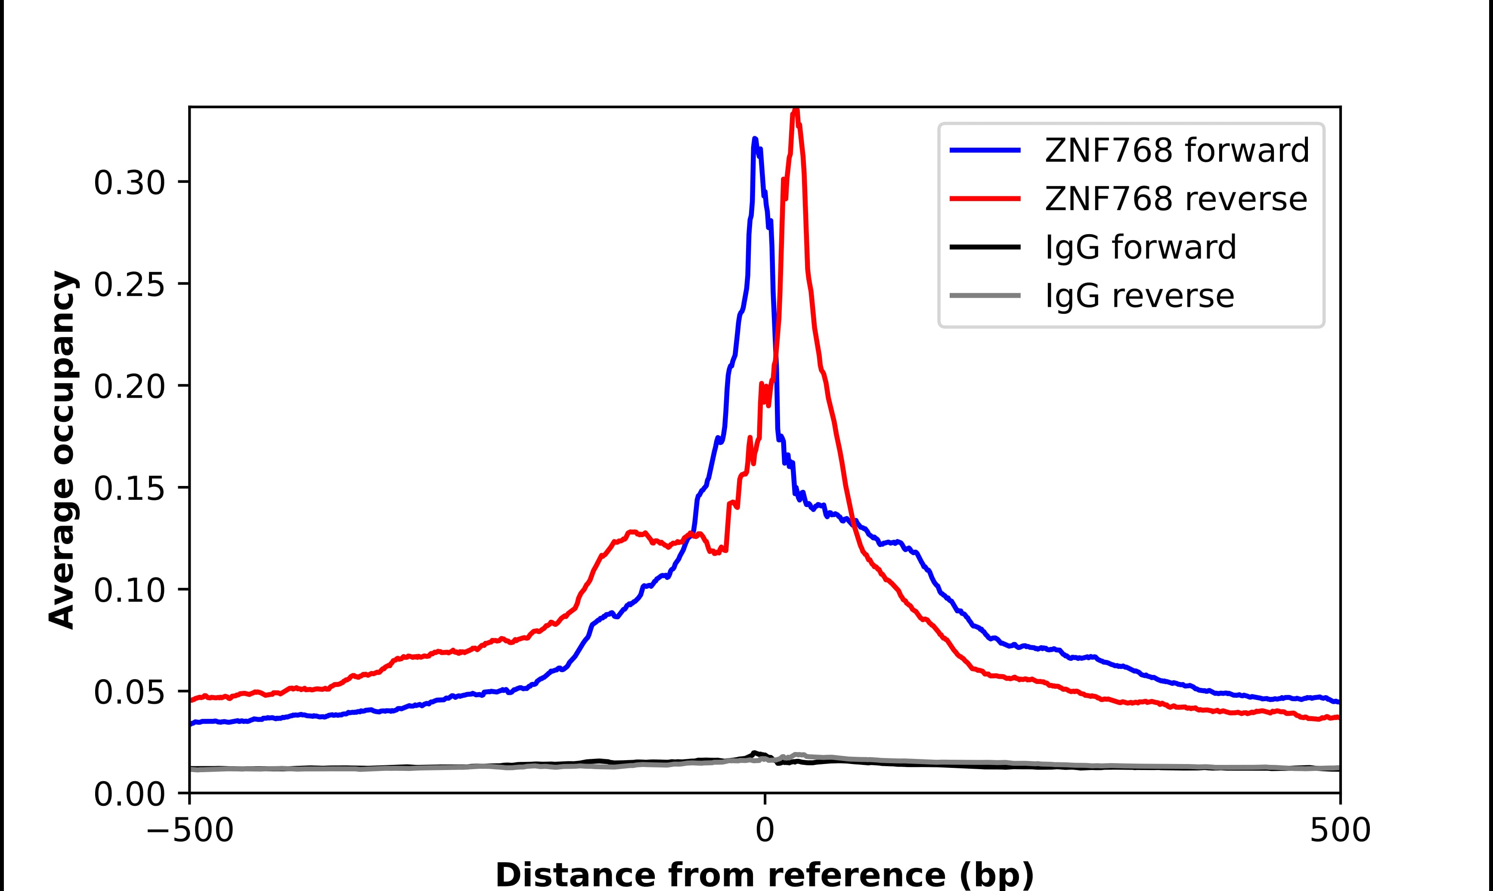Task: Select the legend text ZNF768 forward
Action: click(x=1177, y=150)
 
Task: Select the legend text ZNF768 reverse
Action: click(x=1175, y=199)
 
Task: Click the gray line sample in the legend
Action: click(x=985, y=295)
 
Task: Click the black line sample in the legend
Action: click(x=985, y=247)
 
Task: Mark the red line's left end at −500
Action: click(x=191, y=700)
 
